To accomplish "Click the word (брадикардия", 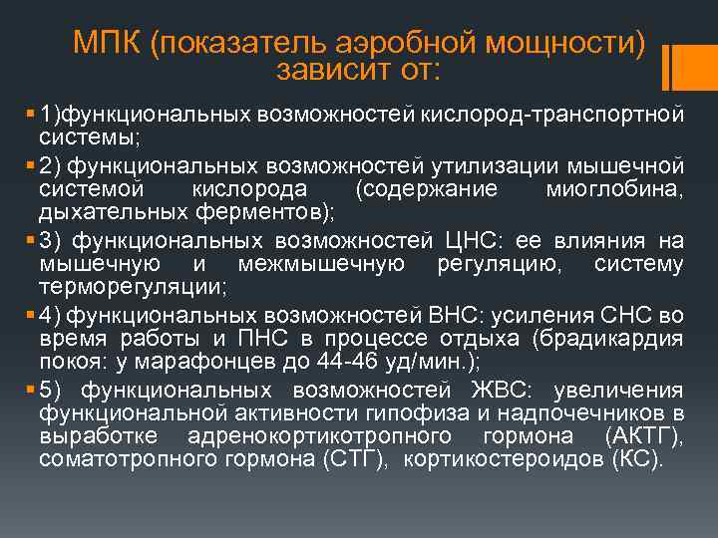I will point(608,339).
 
